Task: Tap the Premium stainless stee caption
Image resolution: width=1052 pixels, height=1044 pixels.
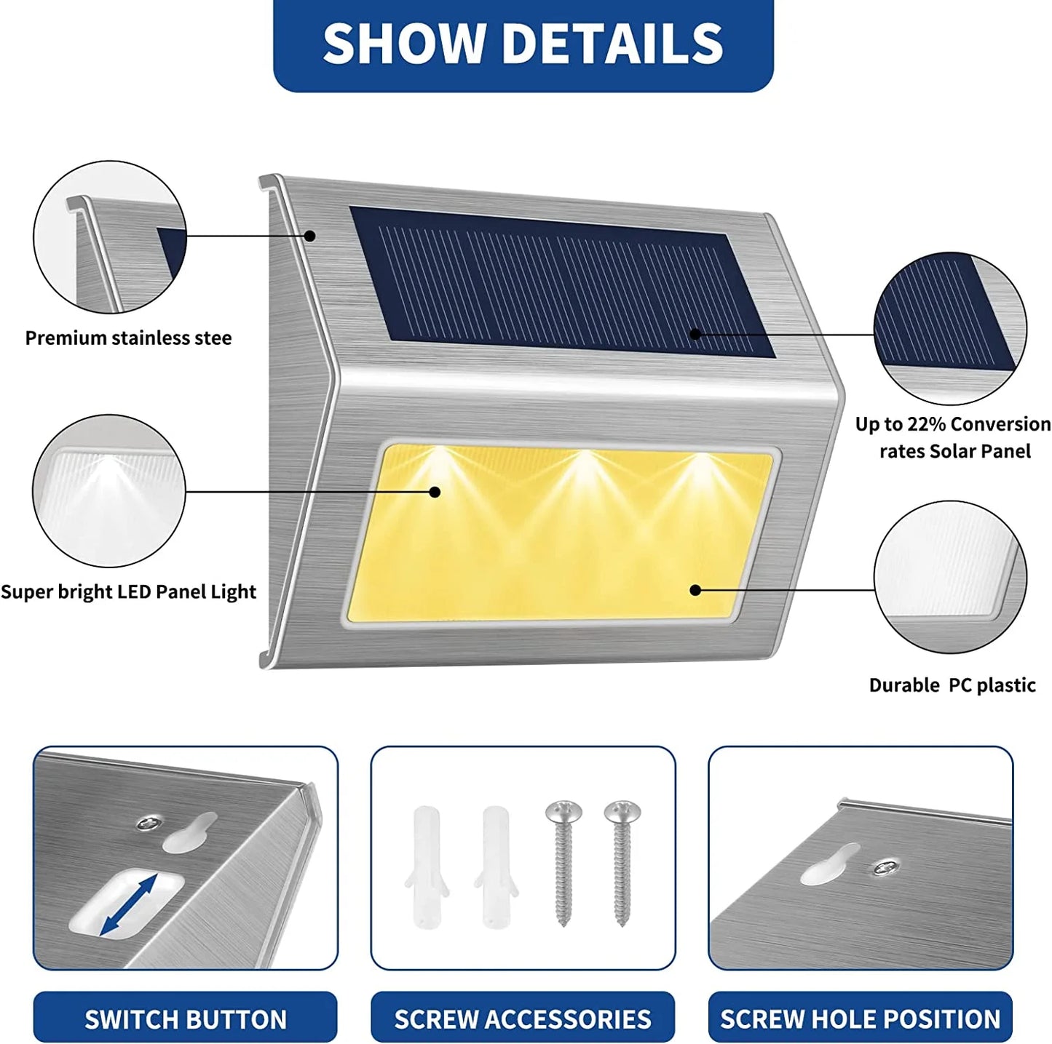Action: pos(128,338)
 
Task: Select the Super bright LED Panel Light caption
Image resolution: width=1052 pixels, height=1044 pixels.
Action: pos(128,592)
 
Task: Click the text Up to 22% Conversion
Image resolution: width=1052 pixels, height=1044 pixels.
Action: pos(952,424)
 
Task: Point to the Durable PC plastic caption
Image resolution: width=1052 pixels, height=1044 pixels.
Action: pos(952,685)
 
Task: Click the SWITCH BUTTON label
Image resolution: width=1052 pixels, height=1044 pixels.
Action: pos(186,1019)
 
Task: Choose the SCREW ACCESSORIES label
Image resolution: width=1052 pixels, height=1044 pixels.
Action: pos(523,1019)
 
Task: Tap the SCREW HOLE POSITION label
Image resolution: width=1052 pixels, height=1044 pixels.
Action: pos(861,1019)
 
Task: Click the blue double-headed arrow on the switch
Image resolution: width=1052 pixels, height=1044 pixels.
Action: pos(128,905)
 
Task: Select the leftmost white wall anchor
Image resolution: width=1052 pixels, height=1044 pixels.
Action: pos(427,866)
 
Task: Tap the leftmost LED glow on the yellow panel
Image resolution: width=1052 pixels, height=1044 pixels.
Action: pos(437,466)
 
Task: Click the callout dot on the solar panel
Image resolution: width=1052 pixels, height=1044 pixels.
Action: pos(695,334)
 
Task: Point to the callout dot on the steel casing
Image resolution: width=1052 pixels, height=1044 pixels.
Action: pos(310,236)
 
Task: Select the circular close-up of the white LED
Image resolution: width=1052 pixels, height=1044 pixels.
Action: pos(109,491)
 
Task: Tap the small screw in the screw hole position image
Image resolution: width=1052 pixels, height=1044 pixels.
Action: pos(886,866)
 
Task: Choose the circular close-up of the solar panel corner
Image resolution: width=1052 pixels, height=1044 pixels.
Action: pos(950,329)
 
